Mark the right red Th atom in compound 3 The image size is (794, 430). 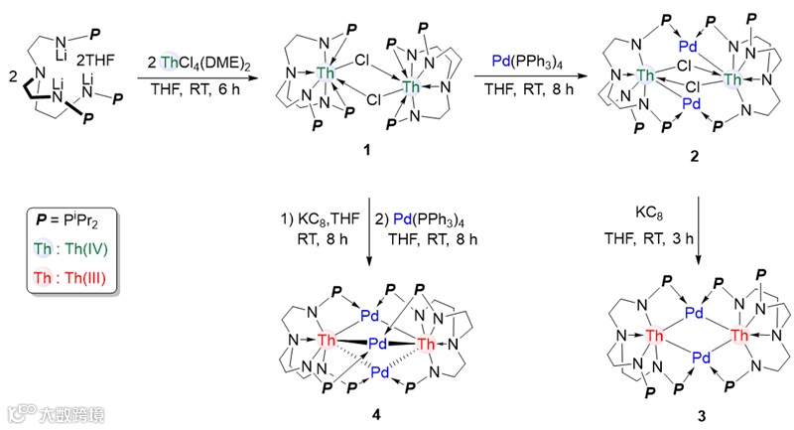click(740, 337)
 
